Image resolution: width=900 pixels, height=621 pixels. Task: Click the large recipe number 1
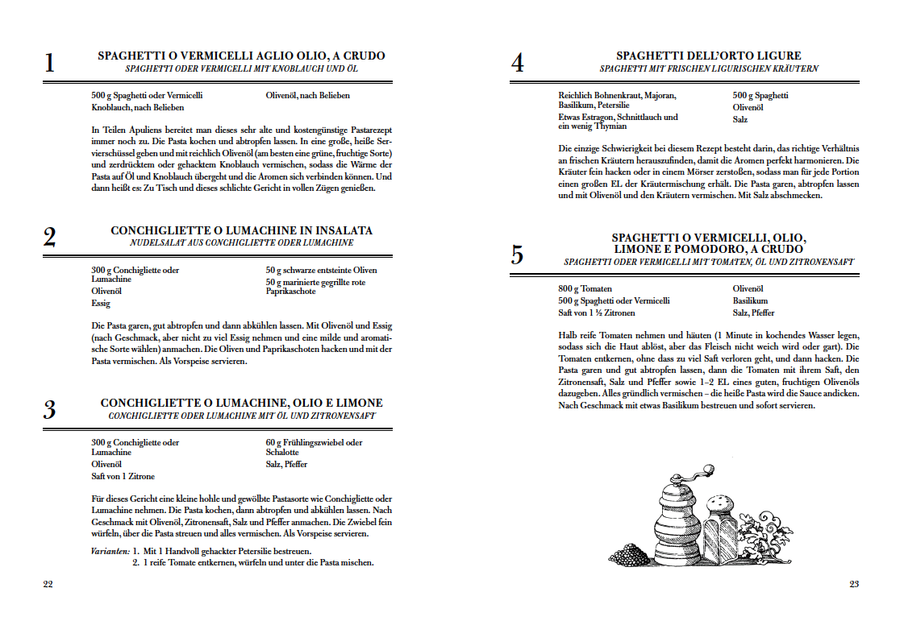49,64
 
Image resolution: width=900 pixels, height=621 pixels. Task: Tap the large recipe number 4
517,64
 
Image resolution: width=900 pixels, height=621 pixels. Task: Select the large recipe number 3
49,410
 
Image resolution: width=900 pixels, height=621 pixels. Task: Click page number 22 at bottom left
48,584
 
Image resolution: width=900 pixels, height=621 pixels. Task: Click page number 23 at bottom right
853,584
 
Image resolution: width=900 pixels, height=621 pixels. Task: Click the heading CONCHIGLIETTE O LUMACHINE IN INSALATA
241,230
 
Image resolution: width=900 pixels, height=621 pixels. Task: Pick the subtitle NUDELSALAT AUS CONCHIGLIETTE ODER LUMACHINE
241,242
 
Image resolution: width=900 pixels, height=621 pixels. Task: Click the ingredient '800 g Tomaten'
585,288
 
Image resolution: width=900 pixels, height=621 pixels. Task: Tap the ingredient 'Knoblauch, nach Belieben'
138,107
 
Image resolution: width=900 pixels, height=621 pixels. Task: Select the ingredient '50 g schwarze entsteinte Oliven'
321,270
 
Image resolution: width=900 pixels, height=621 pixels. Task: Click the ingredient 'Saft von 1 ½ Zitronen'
596,313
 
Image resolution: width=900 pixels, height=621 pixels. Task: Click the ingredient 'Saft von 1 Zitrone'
123,476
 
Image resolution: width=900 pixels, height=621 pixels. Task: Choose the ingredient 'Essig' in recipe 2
100,304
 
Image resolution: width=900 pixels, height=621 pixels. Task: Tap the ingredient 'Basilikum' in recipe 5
750,300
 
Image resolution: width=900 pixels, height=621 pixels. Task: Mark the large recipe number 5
517,255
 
